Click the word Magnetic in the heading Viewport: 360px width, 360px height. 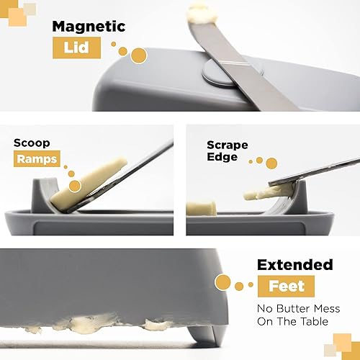[89, 27]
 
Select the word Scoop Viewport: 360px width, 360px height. [32, 143]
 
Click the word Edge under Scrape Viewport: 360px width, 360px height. [222, 157]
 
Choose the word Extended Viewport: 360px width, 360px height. [294, 264]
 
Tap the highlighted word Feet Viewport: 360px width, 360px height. [286, 286]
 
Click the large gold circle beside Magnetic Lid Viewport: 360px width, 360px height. [138, 55]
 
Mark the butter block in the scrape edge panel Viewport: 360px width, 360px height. [201, 209]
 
